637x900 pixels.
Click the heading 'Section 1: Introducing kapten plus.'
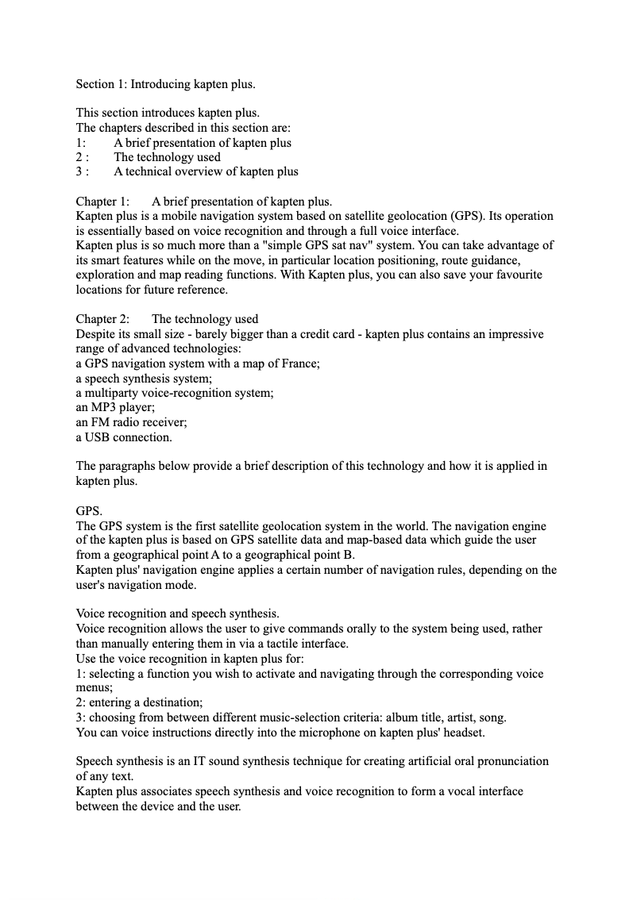(x=165, y=84)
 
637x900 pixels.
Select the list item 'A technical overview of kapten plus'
(x=206, y=171)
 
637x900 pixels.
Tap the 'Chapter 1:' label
(x=102, y=202)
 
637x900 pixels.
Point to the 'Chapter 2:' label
(x=102, y=319)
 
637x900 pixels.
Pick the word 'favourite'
(x=518, y=275)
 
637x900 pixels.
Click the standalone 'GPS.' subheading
(x=89, y=511)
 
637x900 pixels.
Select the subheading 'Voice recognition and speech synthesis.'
(x=177, y=613)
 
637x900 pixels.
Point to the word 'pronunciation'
(x=510, y=761)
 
